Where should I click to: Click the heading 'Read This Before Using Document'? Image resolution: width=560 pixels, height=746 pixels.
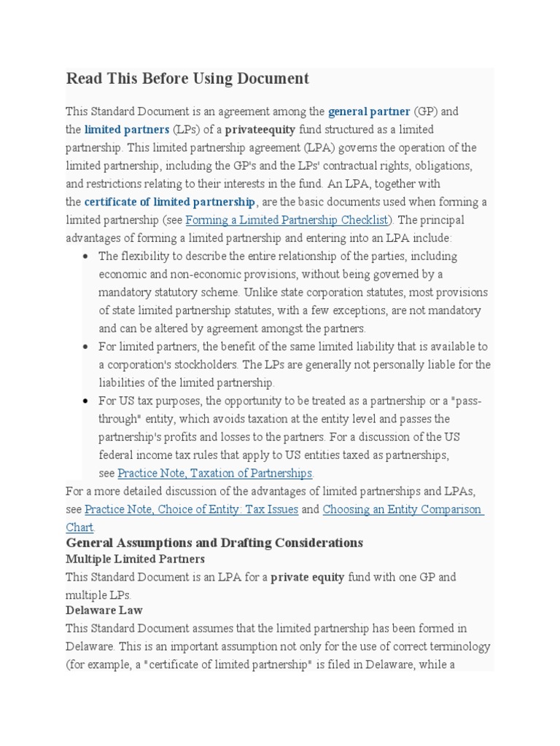click(187, 79)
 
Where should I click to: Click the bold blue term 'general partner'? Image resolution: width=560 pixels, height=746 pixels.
click(369, 111)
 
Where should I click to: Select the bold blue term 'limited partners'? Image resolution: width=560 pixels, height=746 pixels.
click(127, 130)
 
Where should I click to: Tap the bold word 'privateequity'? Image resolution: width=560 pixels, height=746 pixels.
click(260, 130)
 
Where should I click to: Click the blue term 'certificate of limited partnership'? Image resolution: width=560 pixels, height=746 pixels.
click(170, 202)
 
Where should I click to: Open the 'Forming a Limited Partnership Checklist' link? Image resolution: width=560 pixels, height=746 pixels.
click(288, 220)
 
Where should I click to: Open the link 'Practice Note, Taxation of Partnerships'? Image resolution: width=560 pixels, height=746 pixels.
click(215, 474)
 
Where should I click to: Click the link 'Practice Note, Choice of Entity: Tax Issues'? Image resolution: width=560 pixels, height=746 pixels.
click(191, 509)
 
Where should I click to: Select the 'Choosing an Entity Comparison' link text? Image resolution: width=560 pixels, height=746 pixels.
click(402, 509)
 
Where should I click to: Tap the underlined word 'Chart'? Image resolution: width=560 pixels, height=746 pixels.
click(79, 527)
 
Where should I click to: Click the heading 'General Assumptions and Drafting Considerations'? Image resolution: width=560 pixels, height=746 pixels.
click(214, 543)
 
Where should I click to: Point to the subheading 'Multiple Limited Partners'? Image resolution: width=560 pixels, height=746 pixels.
click(135, 559)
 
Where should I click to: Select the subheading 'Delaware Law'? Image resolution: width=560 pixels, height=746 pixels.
click(104, 610)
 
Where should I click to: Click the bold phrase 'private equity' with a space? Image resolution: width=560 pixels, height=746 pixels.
click(308, 577)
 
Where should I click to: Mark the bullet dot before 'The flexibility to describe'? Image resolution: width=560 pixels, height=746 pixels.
click(85, 256)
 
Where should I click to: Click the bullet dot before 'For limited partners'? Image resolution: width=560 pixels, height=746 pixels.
click(85, 347)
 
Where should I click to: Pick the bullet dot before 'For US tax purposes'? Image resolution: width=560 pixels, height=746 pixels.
click(85, 401)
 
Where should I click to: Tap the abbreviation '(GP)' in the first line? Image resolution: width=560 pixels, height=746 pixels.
click(425, 111)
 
